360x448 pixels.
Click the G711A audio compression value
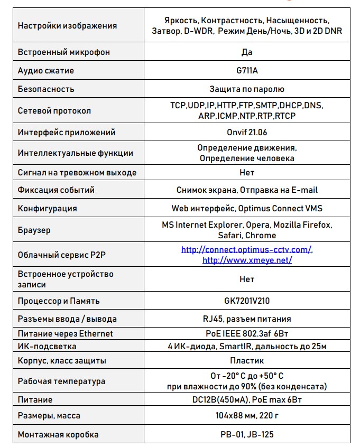pyautogui.click(x=246, y=71)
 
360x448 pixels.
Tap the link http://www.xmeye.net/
pyautogui.click(x=247, y=260)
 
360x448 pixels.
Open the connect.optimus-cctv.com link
pyautogui.click(x=246, y=249)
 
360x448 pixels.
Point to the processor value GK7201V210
pyautogui.click(x=246, y=301)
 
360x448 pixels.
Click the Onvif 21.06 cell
pyautogui.click(x=246, y=133)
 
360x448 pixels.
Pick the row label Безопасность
pyautogui.click(x=46, y=89)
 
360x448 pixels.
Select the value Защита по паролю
pyautogui.click(x=246, y=89)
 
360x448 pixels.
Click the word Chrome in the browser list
pyautogui.click(x=261, y=235)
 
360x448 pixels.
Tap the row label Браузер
pyautogui.click(x=34, y=230)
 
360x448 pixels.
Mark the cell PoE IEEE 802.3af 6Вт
pyautogui.click(x=246, y=333)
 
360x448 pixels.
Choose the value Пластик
pyautogui.click(x=246, y=361)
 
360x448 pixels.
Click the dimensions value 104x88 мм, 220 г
pyautogui.click(x=246, y=415)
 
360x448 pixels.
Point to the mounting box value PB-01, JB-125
pyautogui.click(x=246, y=435)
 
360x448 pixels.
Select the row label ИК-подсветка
pyautogui.click(x=47, y=347)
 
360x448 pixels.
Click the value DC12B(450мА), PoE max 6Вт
pyautogui.click(x=246, y=400)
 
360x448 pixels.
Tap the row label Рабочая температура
pyautogui.click(x=61, y=381)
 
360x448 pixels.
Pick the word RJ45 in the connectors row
pyautogui.click(x=211, y=319)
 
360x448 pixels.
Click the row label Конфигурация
pyautogui.click(x=48, y=208)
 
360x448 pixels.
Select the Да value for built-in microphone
pyautogui.click(x=246, y=52)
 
